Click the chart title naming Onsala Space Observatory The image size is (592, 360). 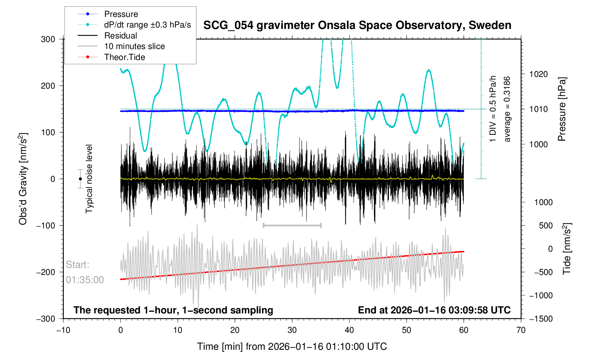click(x=357, y=25)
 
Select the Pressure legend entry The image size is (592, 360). click(x=121, y=14)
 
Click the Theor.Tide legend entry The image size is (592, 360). click(x=124, y=57)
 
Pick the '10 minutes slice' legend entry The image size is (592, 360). click(x=134, y=46)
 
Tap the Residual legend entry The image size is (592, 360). click(x=120, y=36)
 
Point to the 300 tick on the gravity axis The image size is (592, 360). click(x=48, y=39)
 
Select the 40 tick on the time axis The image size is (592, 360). click(x=349, y=330)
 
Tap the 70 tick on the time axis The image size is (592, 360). click(x=521, y=330)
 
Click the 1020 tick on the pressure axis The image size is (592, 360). click(x=538, y=74)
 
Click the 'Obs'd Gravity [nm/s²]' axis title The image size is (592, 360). click(x=23, y=179)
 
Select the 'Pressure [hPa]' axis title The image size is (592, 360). click(x=562, y=109)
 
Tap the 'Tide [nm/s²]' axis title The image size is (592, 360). click(x=567, y=248)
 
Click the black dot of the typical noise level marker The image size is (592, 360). click(x=81, y=179)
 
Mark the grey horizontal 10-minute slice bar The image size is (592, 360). click(x=292, y=225)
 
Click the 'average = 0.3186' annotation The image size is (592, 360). click(x=507, y=109)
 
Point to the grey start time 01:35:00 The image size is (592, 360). click(x=85, y=280)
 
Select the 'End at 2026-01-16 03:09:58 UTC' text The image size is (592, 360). click(x=434, y=310)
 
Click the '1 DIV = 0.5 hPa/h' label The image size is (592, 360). click(x=493, y=109)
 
